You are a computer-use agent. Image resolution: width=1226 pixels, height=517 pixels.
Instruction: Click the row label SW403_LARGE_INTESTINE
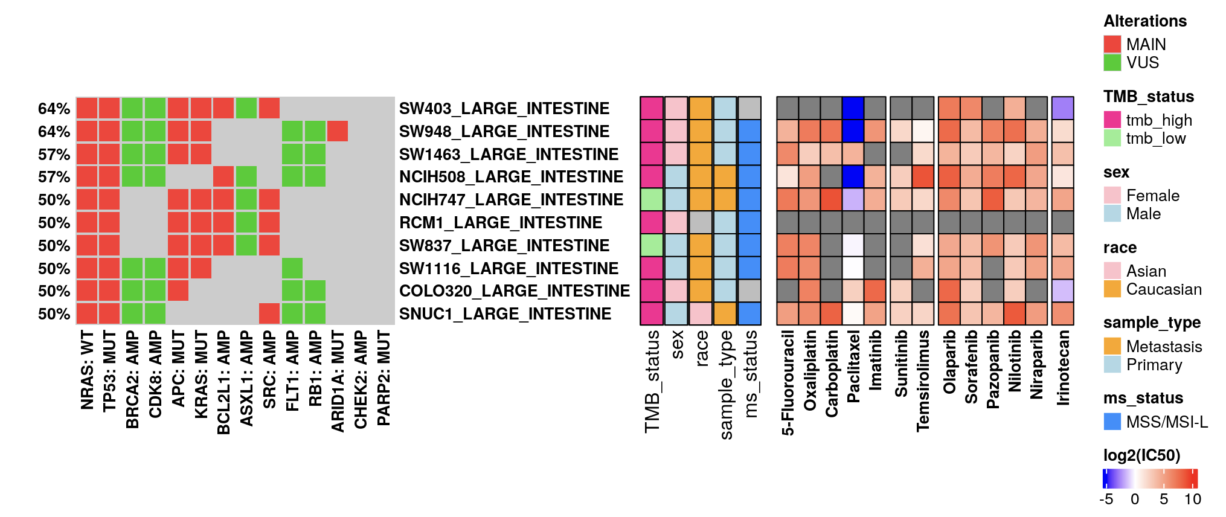504,109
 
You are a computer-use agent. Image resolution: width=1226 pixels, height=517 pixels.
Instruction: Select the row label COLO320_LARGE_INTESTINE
514,291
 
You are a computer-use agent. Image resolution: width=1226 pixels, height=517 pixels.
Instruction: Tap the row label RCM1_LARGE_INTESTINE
500,223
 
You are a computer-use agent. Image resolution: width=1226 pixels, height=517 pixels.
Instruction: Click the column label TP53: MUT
109,371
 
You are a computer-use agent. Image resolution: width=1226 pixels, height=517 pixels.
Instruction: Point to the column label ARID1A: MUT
338,381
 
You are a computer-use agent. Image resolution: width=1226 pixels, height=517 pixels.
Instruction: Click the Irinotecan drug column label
1063,367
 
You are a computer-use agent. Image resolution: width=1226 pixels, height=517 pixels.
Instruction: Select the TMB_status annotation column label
652,381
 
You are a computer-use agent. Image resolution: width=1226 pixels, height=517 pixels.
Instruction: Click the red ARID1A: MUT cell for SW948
338,131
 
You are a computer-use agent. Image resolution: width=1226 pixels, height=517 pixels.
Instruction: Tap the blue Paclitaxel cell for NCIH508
853,177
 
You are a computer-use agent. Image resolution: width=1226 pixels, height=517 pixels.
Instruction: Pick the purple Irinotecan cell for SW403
1063,109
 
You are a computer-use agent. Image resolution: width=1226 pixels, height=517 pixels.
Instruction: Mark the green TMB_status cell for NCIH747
652,200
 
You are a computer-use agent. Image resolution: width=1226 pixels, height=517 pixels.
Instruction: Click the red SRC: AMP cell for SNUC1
269,314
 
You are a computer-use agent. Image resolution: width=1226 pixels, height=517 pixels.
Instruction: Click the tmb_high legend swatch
1112,120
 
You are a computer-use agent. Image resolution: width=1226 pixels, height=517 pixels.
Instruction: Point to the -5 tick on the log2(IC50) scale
1106,499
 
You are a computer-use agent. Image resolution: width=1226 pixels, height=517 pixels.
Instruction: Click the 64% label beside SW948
54,132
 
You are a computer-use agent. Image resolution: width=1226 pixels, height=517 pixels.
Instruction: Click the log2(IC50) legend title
1141,455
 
